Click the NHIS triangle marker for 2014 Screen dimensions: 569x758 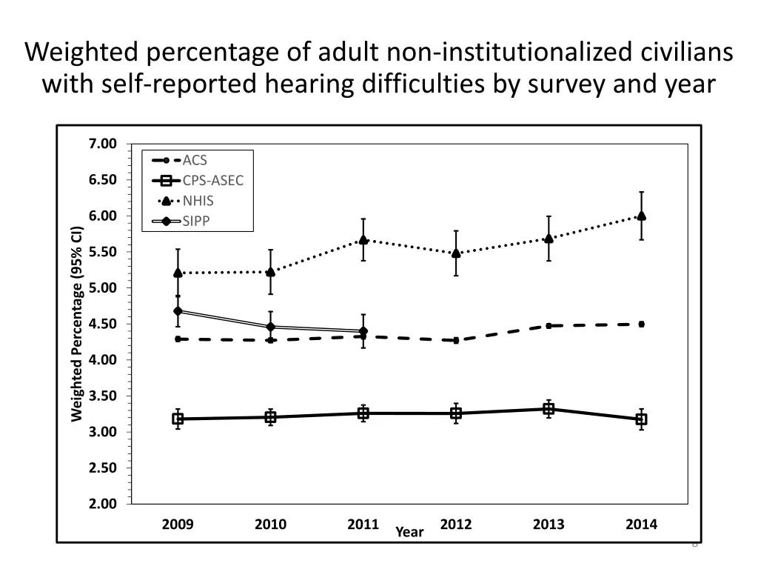coord(641,216)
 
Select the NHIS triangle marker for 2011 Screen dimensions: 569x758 coord(363,240)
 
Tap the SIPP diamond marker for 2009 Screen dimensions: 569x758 coord(178,311)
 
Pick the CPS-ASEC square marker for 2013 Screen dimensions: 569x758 coord(549,409)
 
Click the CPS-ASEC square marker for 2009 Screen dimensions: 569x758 coord(178,419)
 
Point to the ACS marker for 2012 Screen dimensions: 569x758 coord(456,340)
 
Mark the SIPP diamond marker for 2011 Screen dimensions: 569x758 coord(363,331)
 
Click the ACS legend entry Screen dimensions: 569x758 coord(195,160)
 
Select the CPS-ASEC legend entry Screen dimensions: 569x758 coord(212,180)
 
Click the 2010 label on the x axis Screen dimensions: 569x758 coord(270,525)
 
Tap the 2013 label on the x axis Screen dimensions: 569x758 coord(549,525)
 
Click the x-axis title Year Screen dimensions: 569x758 coord(409,532)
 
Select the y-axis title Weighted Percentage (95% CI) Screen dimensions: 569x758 coord(76,324)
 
